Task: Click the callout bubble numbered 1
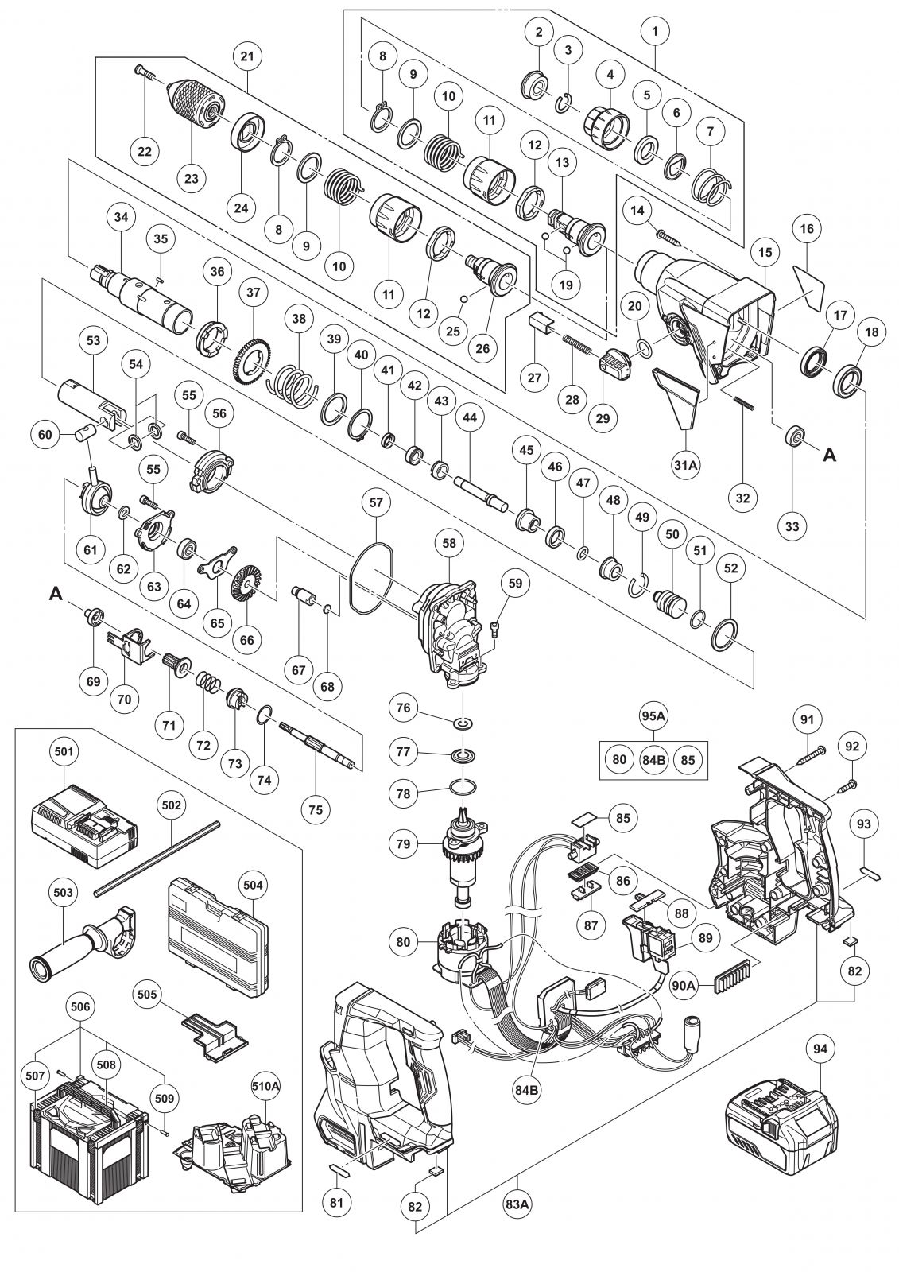point(654,33)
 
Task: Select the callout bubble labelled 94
point(821,1049)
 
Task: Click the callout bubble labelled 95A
point(653,716)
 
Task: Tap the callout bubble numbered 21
point(247,56)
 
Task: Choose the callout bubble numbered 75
point(316,809)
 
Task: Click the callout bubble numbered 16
point(808,229)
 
